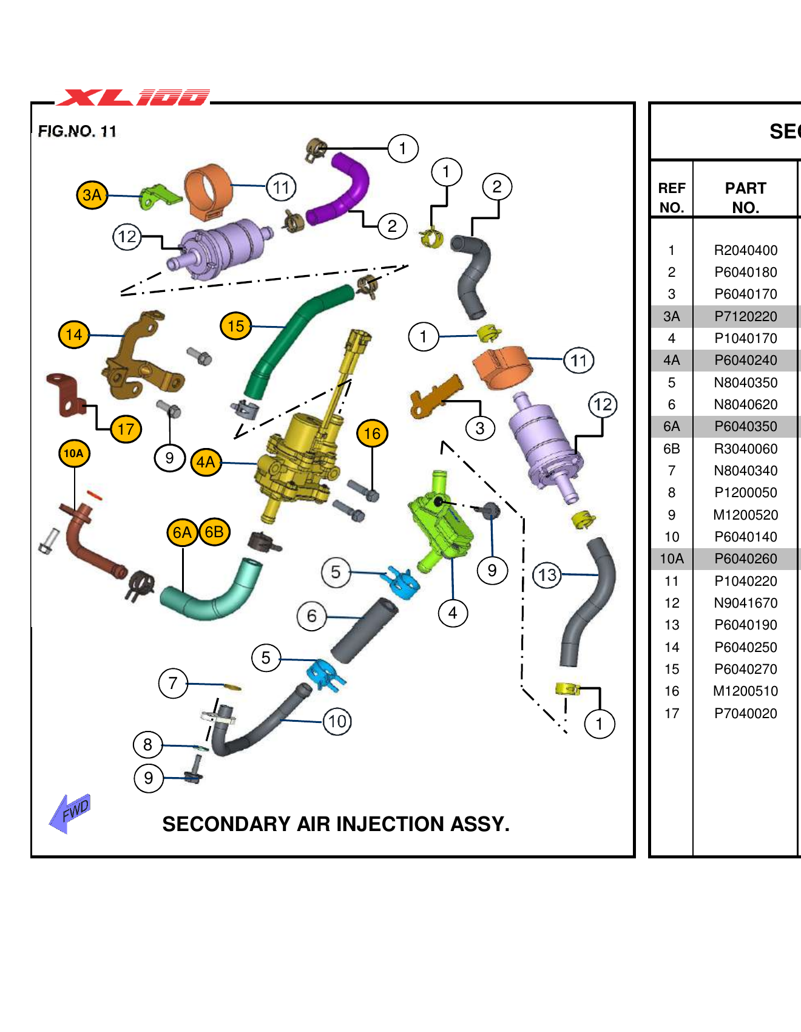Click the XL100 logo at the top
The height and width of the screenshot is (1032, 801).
pos(133,97)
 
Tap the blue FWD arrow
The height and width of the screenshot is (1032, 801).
pos(70,812)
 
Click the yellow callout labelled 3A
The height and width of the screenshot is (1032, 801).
pos(92,195)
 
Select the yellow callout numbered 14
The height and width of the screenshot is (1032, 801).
pos(74,334)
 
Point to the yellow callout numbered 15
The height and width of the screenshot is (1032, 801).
pos(236,326)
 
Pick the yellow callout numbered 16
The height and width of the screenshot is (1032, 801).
pos(372,433)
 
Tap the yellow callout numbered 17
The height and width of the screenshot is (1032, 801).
pos(126,429)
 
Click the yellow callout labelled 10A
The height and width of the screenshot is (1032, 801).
pos(74,453)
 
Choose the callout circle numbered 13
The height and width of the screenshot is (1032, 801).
pos(547,574)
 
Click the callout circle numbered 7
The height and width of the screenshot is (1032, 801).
pos(173,684)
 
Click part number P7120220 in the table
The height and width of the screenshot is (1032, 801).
pos(745,316)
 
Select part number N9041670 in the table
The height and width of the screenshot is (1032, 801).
pos(745,603)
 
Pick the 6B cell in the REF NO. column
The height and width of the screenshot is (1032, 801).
pos(671,449)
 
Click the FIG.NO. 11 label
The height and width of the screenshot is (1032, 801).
pos(77,131)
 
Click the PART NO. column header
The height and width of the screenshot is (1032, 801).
pos(745,197)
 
